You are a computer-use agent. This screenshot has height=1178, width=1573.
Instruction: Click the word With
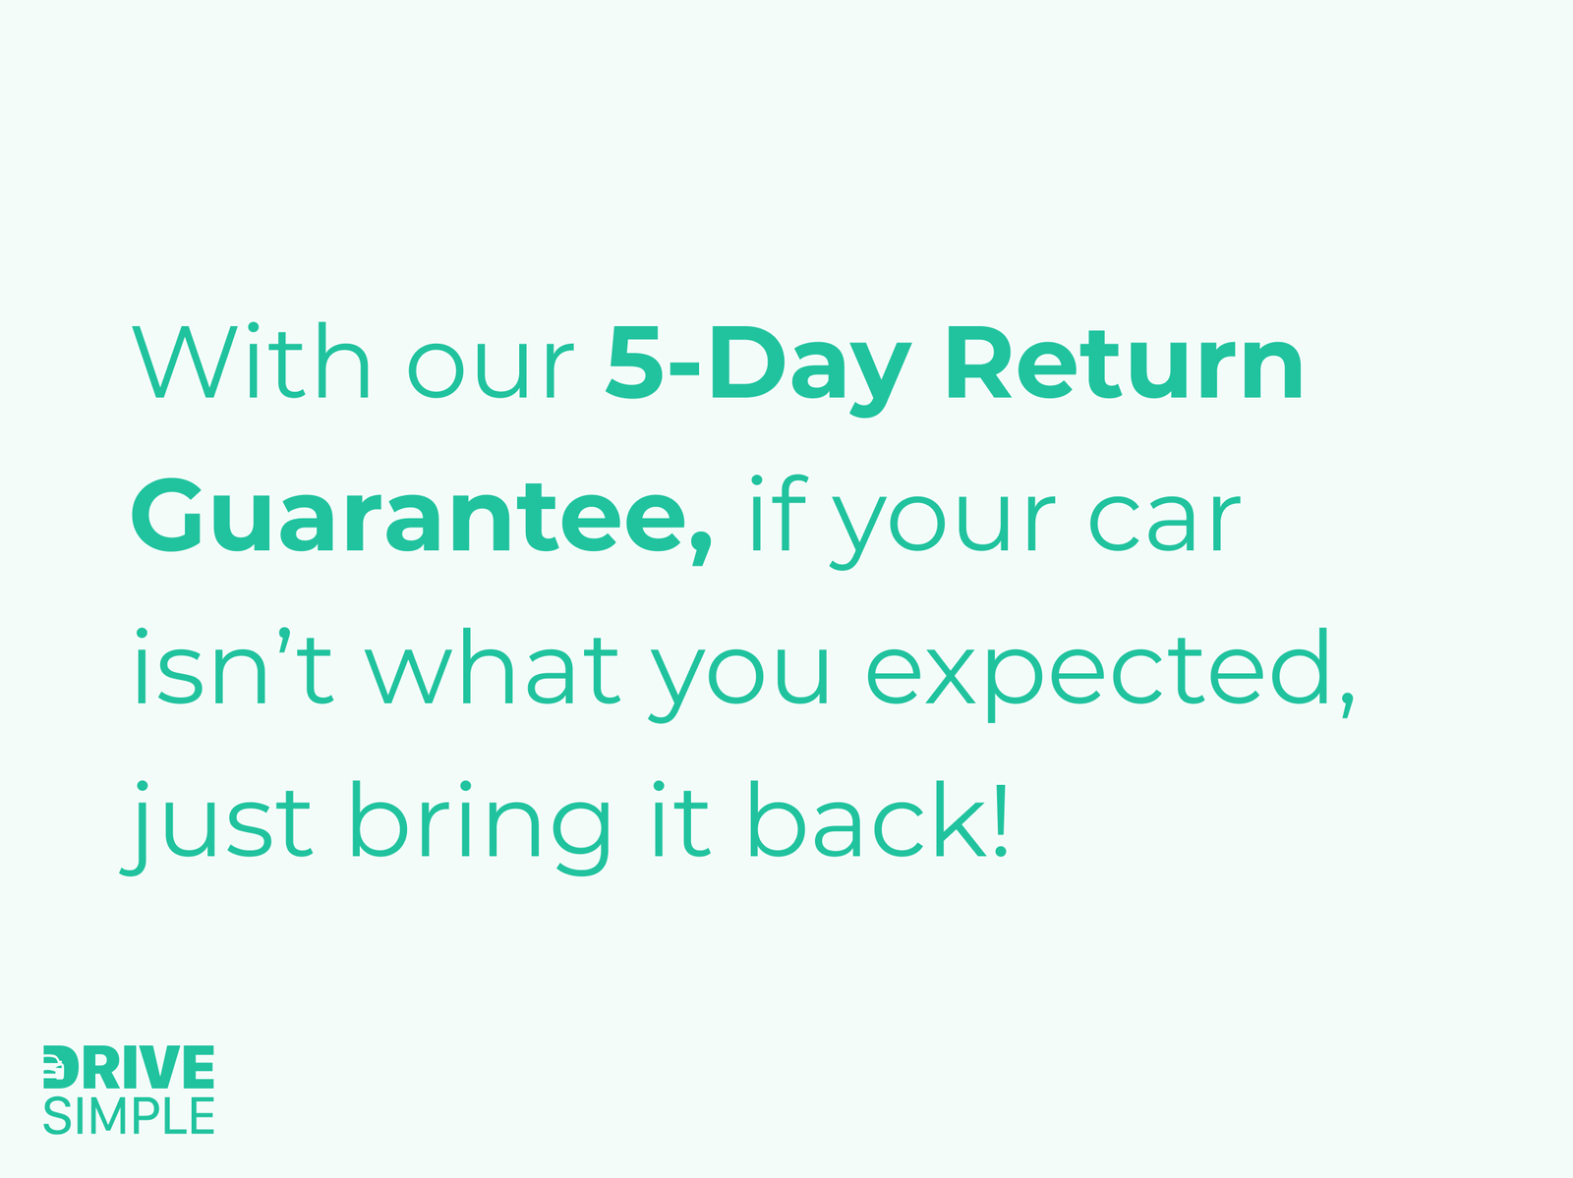[x=251, y=361]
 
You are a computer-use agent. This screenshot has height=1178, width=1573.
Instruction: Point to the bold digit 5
[x=634, y=363]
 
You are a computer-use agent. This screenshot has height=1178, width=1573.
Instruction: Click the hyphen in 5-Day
[x=683, y=369]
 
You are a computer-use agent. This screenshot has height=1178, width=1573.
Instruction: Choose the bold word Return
[x=1125, y=363]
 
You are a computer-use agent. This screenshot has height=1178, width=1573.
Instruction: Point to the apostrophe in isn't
[x=285, y=641]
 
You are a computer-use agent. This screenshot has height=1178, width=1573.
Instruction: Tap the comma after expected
[x=1348, y=703]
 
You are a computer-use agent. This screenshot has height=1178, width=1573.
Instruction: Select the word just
[x=215, y=828]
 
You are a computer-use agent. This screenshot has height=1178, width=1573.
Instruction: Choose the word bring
[x=480, y=828]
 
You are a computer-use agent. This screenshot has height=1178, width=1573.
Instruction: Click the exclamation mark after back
[x=1002, y=818]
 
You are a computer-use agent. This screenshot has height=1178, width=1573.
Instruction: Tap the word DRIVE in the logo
[x=129, y=1067]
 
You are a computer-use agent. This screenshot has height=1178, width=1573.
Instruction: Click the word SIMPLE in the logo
[x=129, y=1116]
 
